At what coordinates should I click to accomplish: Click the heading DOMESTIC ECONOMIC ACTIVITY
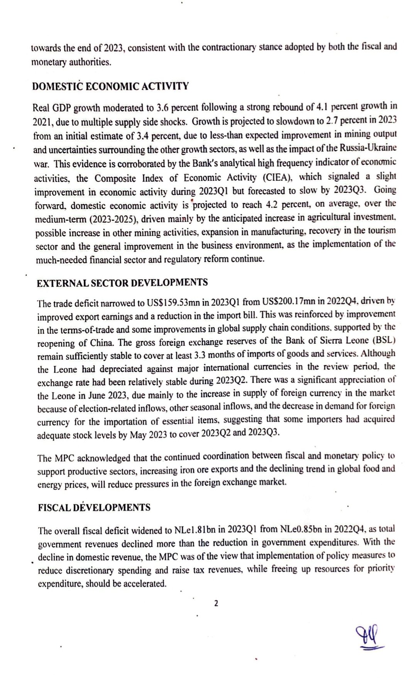pyautogui.click(x=111, y=86)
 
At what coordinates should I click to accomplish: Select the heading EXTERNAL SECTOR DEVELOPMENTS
pyautogui.click(x=122, y=283)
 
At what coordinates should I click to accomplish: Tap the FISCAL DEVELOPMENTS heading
pyautogui.click(x=94, y=507)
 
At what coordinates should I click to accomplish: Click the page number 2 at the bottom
pyautogui.click(x=216, y=603)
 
